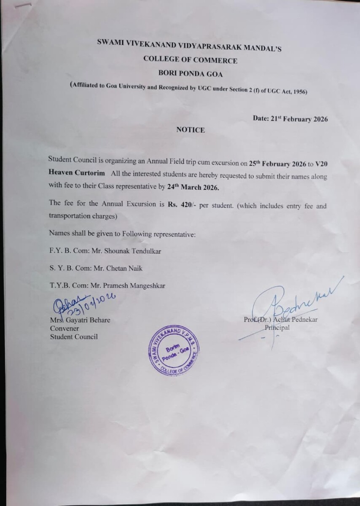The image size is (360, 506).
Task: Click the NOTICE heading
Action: click(190, 130)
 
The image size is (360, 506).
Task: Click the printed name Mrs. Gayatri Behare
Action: click(80, 320)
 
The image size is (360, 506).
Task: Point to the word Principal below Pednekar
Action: click(277, 327)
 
